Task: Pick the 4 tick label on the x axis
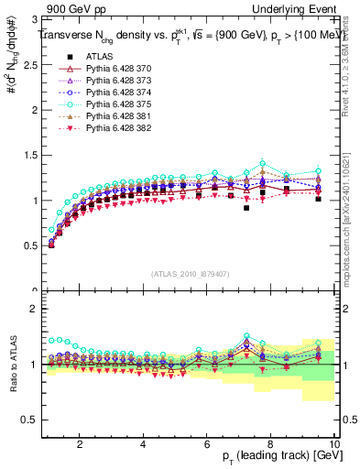pyautogui.click(x=143, y=443)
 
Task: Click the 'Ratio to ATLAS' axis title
pyautogui.click(x=12, y=365)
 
